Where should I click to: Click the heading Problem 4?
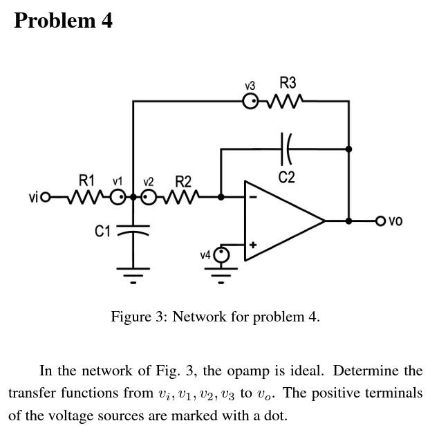tap(63, 21)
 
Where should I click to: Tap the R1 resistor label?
tap(86, 181)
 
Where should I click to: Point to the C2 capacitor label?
tap(287, 178)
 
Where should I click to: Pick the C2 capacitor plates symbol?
tap(286, 147)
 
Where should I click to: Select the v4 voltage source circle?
tap(221, 254)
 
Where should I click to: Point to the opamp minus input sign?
tap(253, 197)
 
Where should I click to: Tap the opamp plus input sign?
tap(253, 244)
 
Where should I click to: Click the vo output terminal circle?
tap(380, 221)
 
